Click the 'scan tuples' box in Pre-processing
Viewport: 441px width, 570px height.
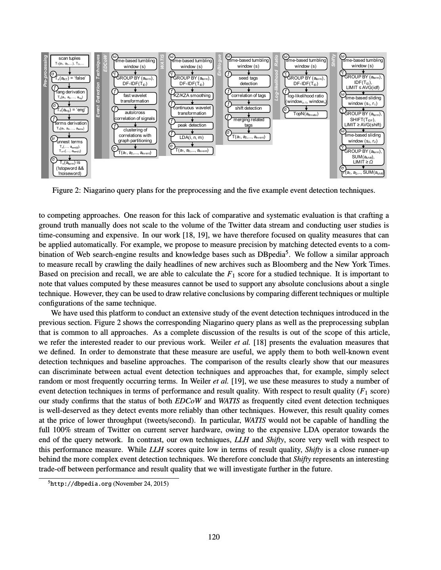tap(69, 61)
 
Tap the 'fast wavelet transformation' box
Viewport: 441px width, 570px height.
tap(135, 98)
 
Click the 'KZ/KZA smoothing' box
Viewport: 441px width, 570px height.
tap(192, 95)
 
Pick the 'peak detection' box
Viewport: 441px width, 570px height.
tap(192, 125)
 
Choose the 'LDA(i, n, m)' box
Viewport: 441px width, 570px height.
tap(192, 138)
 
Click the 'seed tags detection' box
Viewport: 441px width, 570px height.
tap(248, 81)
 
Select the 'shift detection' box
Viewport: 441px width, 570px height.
tap(248, 108)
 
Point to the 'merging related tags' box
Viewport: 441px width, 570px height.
tap(248, 122)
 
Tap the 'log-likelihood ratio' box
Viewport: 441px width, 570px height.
tap(305, 99)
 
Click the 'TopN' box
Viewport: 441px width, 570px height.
tap(305, 114)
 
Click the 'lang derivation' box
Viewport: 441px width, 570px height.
tap(70, 94)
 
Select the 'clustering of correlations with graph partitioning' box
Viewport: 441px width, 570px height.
tap(135, 135)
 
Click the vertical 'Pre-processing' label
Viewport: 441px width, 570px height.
tap(45, 71)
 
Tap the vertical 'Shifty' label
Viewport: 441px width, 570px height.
tap(334, 60)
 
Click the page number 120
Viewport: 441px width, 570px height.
tap(214, 537)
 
